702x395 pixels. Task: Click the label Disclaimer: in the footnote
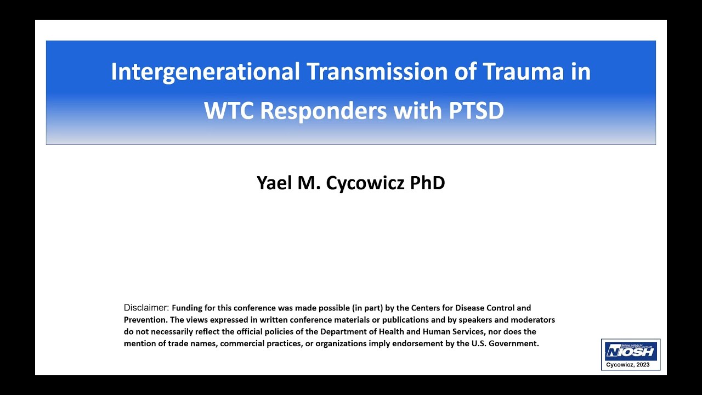pyautogui.click(x=146, y=308)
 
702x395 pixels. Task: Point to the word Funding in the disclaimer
pyautogui.click(x=187, y=308)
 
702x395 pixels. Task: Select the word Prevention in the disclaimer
pyautogui.click(x=145, y=320)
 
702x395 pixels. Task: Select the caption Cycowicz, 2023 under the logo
pyautogui.click(x=630, y=365)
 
